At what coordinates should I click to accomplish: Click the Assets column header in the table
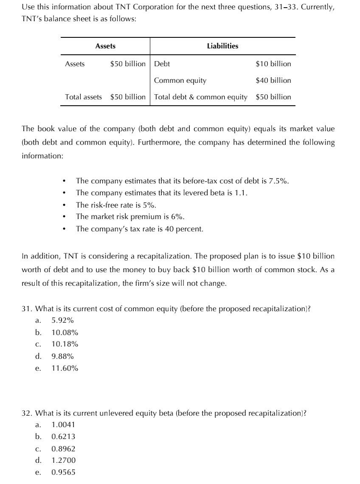click(105, 46)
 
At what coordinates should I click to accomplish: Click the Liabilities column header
click(222, 46)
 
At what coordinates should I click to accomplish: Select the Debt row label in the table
click(162, 64)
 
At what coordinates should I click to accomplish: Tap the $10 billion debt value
click(273, 64)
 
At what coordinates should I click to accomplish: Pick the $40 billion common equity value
click(273, 80)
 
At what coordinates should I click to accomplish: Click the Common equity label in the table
click(180, 80)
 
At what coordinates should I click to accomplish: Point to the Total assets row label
click(83, 97)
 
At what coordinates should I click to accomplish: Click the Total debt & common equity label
click(201, 97)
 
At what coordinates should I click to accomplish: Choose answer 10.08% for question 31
click(65, 332)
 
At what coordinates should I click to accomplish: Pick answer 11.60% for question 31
click(65, 368)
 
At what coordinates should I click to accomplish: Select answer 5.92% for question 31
click(63, 321)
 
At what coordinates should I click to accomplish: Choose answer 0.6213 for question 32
click(63, 436)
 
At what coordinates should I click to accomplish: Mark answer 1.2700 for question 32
click(63, 460)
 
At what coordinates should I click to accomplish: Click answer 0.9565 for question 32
click(63, 472)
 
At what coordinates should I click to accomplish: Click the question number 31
click(26, 309)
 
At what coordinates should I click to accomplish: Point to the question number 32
click(26, 413)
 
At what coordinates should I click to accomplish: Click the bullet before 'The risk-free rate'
click(63, 205)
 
